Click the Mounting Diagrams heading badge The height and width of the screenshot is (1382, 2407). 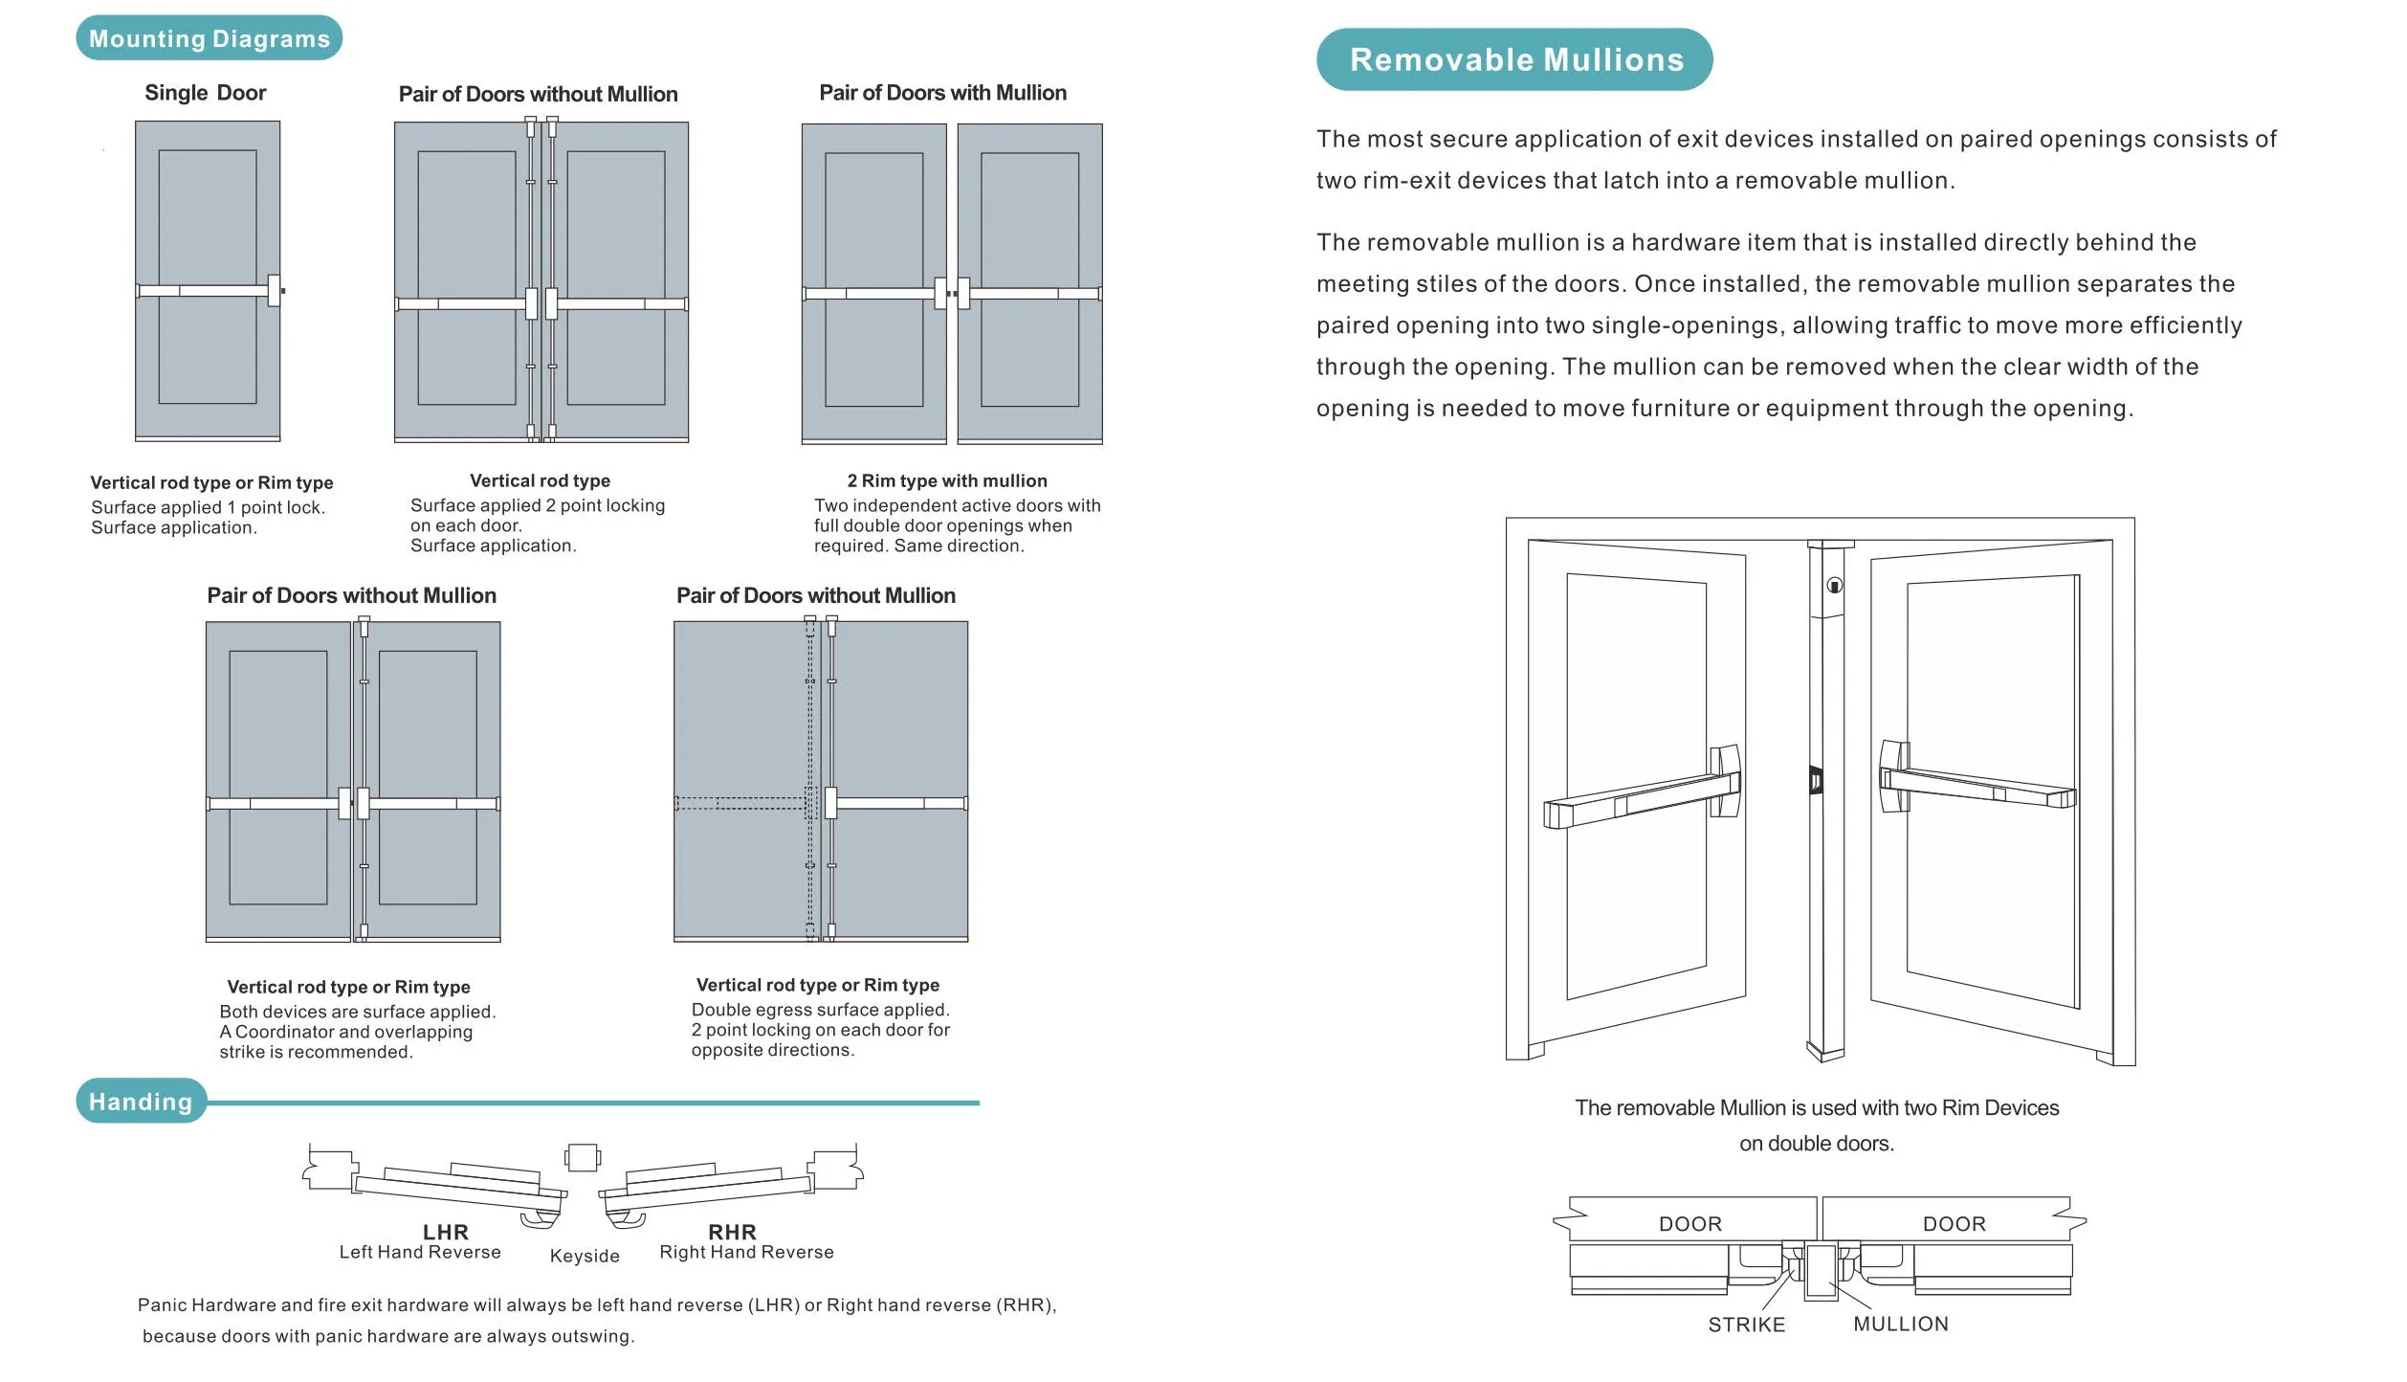[x=209, y=38]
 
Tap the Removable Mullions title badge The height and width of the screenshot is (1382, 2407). [x=1514, y=59]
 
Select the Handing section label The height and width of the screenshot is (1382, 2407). [x=141, y=1102]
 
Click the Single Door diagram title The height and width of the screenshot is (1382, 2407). [x=205, y=93]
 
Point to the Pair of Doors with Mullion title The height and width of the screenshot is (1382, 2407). [x=942, y=93]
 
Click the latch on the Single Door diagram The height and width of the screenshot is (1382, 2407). [x=276, y=290]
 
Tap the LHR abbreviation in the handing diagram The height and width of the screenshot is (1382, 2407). [x=446, y=1232]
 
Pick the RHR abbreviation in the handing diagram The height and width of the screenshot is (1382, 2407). [x=732, y=1232]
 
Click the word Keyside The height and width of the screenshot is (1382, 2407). [x=585, y=1256]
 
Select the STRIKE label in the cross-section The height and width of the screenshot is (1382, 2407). [x=1747, y=1325]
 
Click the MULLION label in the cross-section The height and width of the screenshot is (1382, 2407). [x=1901, y=1324]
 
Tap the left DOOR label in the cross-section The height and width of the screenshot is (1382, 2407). [x=1690, y=1224]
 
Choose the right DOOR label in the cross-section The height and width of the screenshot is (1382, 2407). [x=1954, y=1224]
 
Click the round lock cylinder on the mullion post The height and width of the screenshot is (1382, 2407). [x=1834, y=586]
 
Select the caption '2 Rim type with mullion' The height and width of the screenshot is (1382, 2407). [x=947, y=480]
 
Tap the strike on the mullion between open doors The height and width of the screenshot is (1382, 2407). [x=1816, y=781]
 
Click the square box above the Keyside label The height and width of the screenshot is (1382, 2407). [x=583, y=1158]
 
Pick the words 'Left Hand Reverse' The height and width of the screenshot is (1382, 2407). [x=420, y=1252]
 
